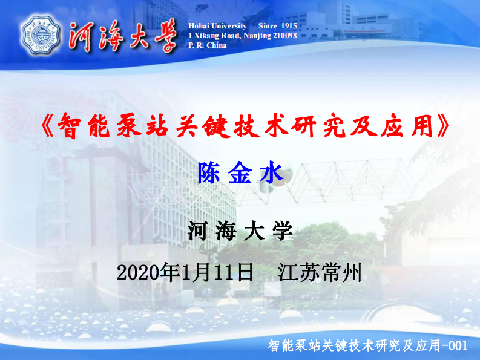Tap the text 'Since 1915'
[277, 26]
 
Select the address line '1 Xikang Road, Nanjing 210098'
[242, 36]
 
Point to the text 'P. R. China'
[208, 45]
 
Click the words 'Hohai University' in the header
[218, 26]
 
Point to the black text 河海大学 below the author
[240, 231]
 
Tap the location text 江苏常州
[320, 272]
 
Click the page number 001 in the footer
[458, 346]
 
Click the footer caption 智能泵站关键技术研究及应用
[353, 346]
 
